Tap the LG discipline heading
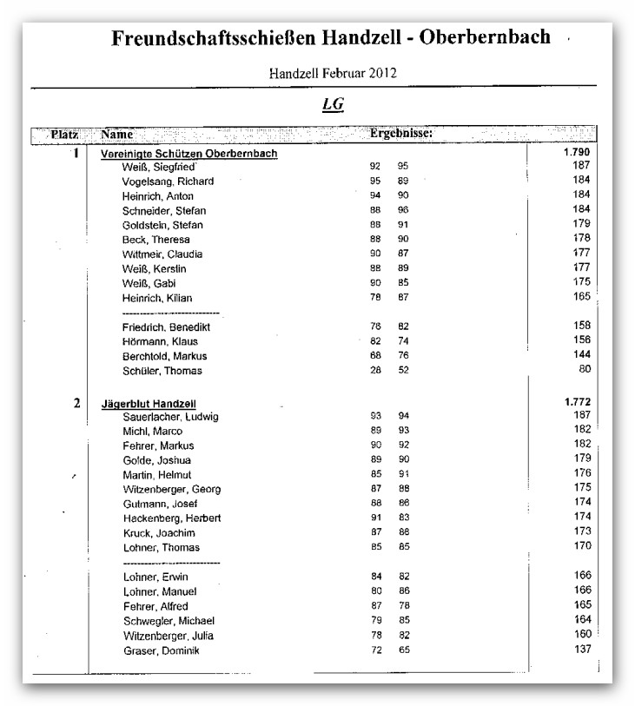(x=333, y=104)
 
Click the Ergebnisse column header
(x=400, y=135)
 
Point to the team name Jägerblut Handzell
(x=148, y=403)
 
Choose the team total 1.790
(x=577, y=153)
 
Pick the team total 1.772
(x=577, y=402)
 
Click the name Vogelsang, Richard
(x=169, y=181)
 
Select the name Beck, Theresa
(x=156, y=240)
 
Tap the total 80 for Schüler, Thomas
(x=585, y=370)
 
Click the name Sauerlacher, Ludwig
(x=170, y=417)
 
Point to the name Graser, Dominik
(x=162, y=651)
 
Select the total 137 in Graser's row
(x=581, y=650)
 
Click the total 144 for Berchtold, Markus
(x=581, y=355)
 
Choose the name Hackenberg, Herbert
(x=172, y=518)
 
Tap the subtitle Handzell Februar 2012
(x=333, y=72)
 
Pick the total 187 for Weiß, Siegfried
(x=581, y=166)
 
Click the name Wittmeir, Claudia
(x=162, y=254)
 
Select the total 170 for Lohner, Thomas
(x=581, y=547)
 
